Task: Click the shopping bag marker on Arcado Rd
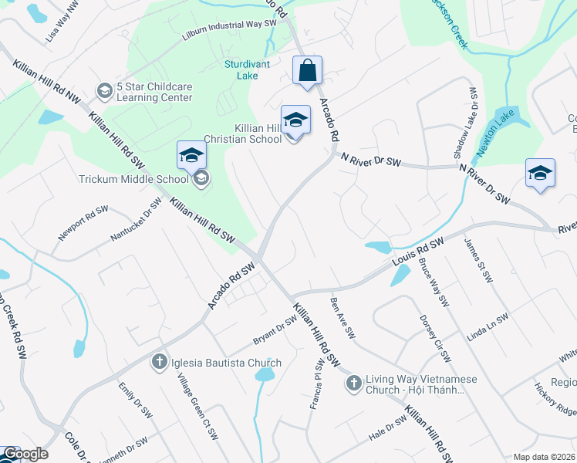click(x=307, y=71)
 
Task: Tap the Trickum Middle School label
click(x=134, y=180)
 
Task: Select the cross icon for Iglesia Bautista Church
click(x=160, y=361)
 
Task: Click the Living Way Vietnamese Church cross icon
click(x=353, y=382)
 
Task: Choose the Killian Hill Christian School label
click(x=242, y=134)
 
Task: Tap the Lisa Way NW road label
click(x=62, y=24)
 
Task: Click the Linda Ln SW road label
click(x=488, y=328)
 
